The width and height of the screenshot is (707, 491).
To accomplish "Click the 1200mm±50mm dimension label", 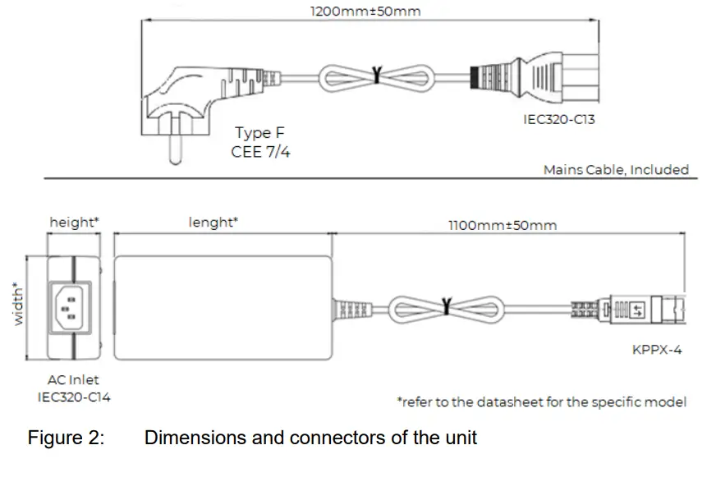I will tap(365, 11).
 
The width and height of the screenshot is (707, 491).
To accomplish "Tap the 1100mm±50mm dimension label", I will tap(502, 225).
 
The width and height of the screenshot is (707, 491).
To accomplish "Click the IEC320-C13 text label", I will tap(559, 120).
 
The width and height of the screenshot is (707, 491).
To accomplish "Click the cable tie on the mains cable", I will tap(377, 76).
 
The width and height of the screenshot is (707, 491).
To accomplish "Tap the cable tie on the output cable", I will tap(446, 307).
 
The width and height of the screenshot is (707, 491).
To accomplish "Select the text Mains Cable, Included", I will tap(616, 170).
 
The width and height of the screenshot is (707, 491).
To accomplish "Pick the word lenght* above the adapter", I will tap(213, 222).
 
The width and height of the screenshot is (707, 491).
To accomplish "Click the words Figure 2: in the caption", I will tap(66, 438).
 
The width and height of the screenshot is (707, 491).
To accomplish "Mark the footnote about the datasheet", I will tap(542, 402).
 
